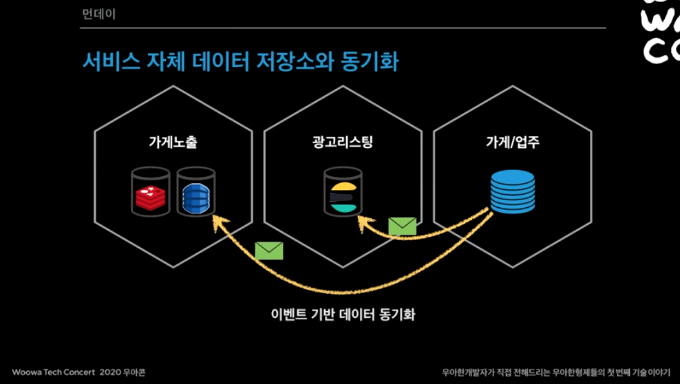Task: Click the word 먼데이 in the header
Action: coord(99,12)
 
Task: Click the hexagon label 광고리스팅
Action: coord(342,143)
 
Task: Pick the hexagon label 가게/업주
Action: coord(512,143)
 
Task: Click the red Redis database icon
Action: coord(150,193)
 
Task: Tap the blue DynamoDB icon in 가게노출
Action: coord(196,193)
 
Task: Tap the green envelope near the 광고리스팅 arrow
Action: coord(402,226)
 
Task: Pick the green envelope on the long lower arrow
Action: coord(269,250)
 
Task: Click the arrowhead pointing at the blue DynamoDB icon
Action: coord(218,222)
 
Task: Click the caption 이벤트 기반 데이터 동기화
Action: coord(343,315)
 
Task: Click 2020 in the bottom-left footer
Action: coord(110,372)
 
